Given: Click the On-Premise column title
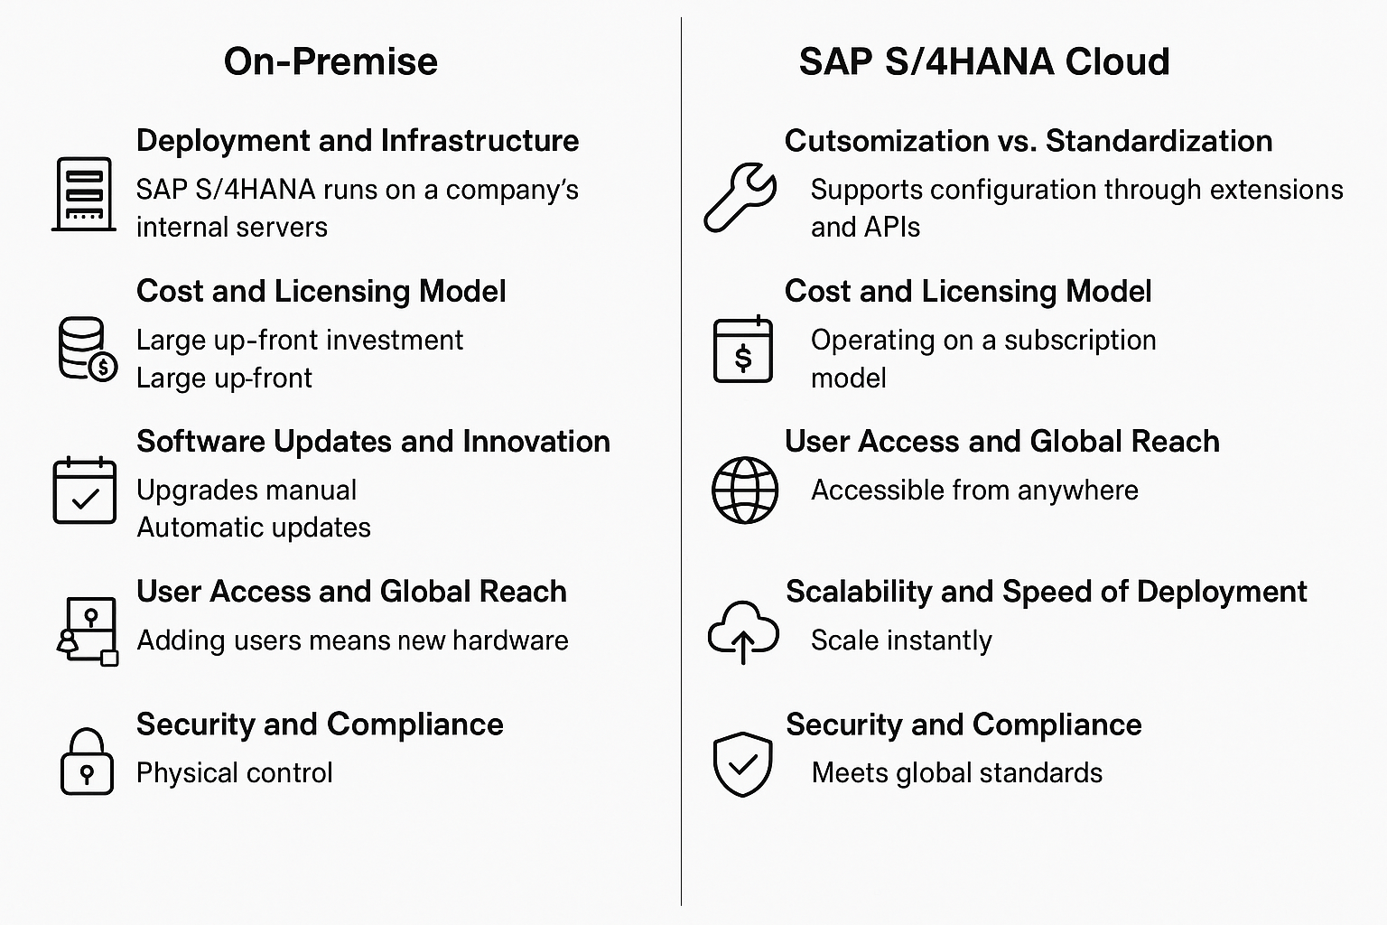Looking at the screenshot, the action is pos(330,62).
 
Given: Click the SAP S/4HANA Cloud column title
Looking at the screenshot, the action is pos(984,62).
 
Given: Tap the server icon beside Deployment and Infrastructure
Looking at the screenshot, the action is pos(84,194).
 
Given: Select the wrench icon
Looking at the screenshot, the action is pos(740,197).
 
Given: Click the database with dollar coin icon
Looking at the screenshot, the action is pos(88,348).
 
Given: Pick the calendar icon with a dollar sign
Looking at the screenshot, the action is pos(743,349).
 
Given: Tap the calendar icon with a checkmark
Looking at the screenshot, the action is pos(85,491).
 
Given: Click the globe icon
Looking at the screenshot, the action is pos(745,491).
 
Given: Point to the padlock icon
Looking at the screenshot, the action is pos(87,761).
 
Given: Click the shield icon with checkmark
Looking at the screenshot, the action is pos(743,764).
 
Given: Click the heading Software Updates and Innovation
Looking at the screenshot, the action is pos(373,442).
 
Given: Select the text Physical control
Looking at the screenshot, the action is pos(235,773).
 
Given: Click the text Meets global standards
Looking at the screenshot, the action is pos(957,773).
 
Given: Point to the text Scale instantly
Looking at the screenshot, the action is pos(901,640).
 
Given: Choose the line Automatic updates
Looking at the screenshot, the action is pos(254,528).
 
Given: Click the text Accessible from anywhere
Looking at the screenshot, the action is pos(974,491).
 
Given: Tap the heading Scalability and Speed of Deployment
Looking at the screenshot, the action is pos(1047,592).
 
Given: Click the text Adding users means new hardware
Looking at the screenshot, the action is pos(352,640).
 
